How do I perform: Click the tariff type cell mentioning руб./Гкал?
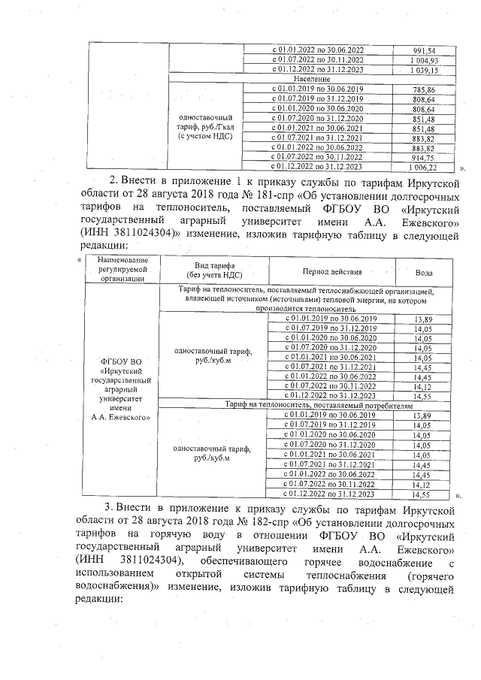205,128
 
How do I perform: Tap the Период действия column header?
332,270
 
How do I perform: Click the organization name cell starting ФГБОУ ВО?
121,388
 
